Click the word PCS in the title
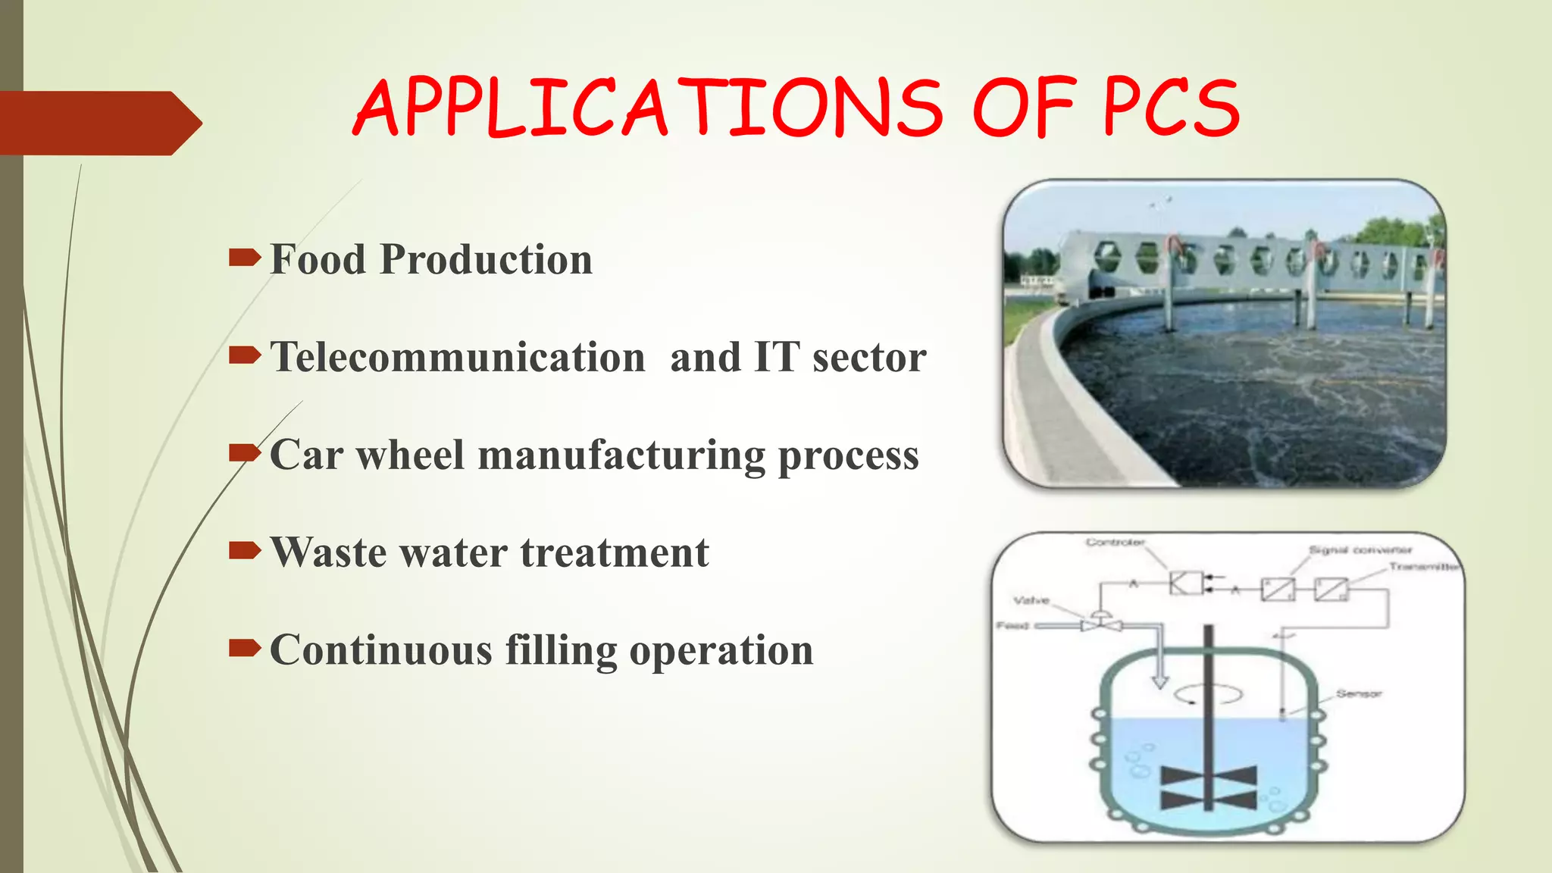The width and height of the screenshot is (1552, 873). click(1170, 108)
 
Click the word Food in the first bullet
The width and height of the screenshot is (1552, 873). click(318, 259)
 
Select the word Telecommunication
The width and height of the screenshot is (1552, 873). click(458, 357)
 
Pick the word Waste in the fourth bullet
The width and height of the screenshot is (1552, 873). click(327, 552)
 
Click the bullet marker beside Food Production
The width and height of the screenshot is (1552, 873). click(244, 258)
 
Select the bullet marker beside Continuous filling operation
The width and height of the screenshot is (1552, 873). click(244, 648)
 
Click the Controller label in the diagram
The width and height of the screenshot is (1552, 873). click(1115, 542)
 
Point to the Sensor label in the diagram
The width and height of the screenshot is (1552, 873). click(1359, 693)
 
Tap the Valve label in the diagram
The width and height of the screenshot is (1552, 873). click(1031, 600)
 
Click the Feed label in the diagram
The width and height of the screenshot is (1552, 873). click(1012, 626)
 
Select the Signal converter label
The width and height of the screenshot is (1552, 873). click(1360, 549)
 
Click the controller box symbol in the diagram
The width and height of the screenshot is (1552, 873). click(1185, 583)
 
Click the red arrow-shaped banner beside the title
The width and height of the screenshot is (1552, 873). click(99, 123)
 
